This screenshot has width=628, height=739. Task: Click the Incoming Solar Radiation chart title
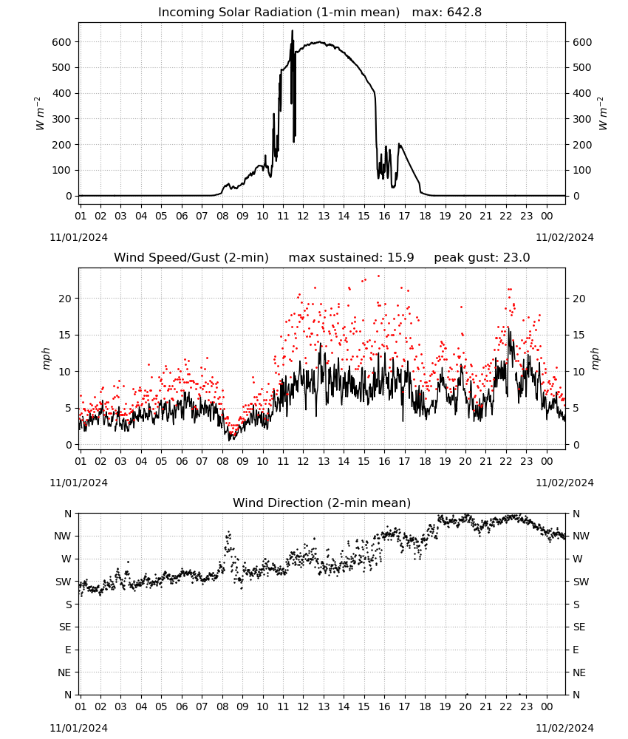tap(279, 13)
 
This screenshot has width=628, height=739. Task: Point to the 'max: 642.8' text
tap(447, 13)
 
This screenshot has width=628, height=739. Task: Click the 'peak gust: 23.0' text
tap(482, 258)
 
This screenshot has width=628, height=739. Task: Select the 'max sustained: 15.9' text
tap(351, 258)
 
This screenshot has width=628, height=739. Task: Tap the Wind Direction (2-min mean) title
tap(322, 503)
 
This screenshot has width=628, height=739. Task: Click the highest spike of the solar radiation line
tap(292, 30)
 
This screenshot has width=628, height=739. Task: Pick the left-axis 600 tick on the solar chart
tap(61, 42)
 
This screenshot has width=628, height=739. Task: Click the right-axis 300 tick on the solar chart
tap(582, 119)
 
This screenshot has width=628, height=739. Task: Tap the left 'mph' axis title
tap(46, 358)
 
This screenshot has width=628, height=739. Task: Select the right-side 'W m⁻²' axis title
tap(603, 114)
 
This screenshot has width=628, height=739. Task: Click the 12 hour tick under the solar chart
tap(303, 216)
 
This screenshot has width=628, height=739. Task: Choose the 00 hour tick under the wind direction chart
tap(547, 706)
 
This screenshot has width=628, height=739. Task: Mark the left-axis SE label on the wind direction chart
tap(65, 627)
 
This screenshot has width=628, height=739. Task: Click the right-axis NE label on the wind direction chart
tap(579, 672)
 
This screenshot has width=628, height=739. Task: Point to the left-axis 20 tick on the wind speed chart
tap(66, 299)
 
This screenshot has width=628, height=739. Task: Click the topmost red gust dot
tap(378, 276)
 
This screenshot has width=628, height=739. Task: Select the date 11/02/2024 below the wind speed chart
tap(564, 483)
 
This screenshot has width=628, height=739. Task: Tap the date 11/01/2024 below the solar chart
tap(78, 237)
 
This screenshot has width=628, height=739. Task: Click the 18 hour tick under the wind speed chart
tap(425, 461)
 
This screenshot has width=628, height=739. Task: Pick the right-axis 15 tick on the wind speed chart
tap(578, 335)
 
